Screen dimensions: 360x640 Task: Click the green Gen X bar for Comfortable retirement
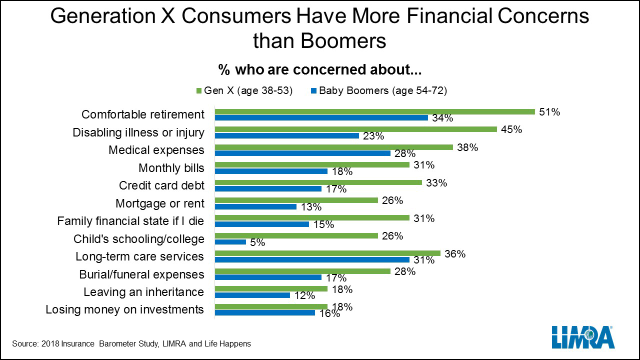[x=375, y=111]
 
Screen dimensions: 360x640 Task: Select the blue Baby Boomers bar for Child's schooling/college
[x=230, y=242]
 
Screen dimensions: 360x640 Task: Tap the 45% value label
[x=511, y=129]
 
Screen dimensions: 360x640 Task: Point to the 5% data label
[x=257, y=242]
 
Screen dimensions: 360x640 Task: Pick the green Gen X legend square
[x=199, y=91]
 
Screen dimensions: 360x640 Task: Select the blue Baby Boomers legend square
[x=313, y=91]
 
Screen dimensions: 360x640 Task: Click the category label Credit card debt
[x=161, y=185]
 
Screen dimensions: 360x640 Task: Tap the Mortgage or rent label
[x=160, y=203]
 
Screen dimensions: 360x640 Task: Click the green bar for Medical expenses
[x=334, y=147]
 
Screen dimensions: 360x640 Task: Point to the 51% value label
[x=549, y=112]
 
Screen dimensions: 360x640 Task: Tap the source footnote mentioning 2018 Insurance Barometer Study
[x=131, y=343]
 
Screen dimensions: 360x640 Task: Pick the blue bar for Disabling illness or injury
[x=287, y=135]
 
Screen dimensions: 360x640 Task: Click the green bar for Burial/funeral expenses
[x=302, y=271]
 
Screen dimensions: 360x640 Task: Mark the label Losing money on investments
[x=125, y=309]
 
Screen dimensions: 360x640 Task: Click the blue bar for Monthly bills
[x=271, y=171]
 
